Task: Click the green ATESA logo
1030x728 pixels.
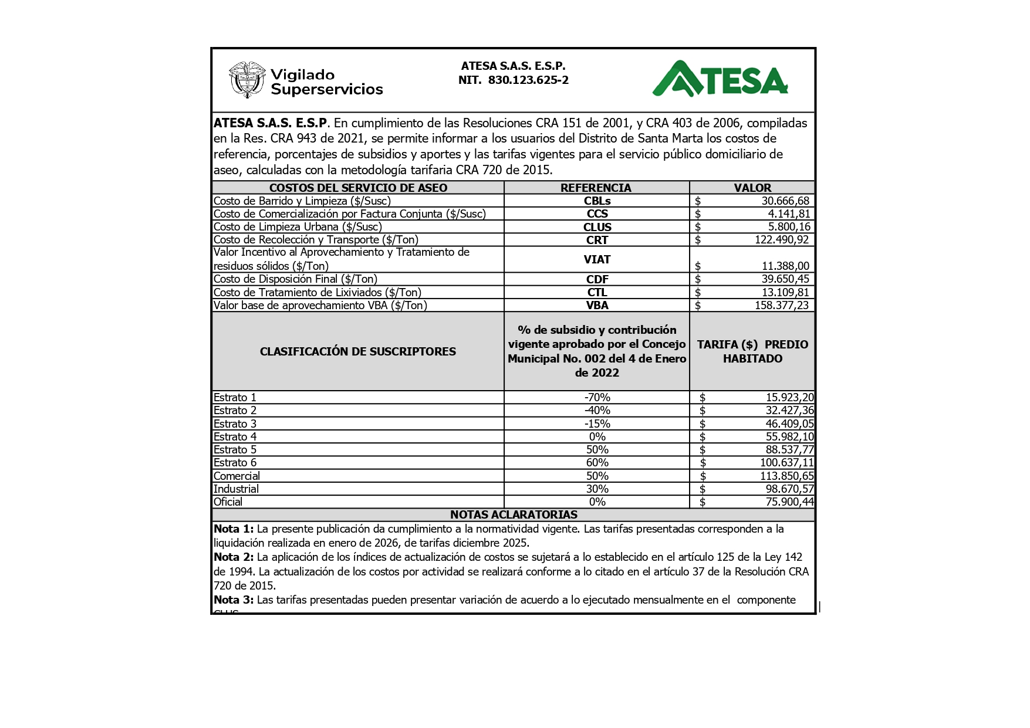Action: [720, 79]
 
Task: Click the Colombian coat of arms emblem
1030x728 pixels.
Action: [246, 79]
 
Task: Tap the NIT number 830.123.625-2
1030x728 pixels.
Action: [528, 80]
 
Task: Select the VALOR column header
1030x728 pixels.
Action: [752, 188]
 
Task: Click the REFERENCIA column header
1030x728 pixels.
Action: [596, 188]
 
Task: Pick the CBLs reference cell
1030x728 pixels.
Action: [597, 201]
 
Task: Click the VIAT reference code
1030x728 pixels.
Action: [597, 259]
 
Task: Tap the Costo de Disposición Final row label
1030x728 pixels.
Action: [295, 279]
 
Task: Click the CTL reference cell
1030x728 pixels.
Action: [597, 292]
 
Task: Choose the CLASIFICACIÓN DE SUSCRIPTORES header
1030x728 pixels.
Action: [357, 351]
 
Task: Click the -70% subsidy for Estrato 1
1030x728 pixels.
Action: [597, 398]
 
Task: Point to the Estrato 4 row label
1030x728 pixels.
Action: [235, 436]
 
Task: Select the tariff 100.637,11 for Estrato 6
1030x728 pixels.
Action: [786, 462]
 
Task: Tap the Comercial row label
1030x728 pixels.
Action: [237, 476]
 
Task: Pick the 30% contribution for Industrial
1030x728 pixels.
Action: [597, 489]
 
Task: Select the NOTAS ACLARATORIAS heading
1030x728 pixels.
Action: [514, 514]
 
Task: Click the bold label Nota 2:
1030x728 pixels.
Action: [234, 557]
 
